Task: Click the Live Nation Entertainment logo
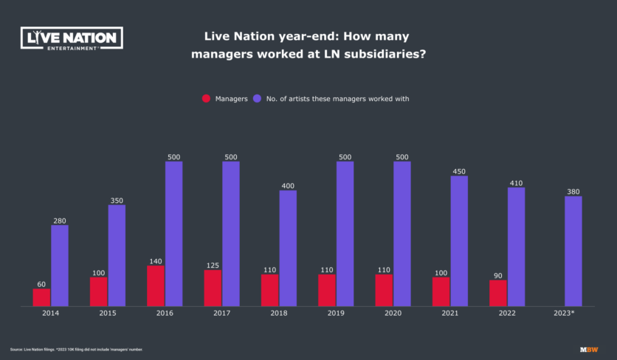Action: pos(71,38)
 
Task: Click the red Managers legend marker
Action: pos(206,98)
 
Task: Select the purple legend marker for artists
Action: pos(257,98)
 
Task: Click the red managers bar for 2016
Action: pos(156,285)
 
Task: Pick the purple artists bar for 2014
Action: pos(60,266)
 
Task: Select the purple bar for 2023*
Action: pos(573,251)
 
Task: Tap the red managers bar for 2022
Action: pos(498,293)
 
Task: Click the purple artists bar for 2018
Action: pos(288,248)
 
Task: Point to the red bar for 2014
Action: pos(41,297)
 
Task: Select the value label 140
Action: pos(156,261)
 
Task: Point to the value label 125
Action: pos(213,266)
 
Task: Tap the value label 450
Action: pos(459,171)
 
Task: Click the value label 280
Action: pos(60,221)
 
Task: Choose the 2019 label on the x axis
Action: pos(336,314)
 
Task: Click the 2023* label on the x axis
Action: pos(565,314)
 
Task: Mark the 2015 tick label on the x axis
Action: pos(108,314)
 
